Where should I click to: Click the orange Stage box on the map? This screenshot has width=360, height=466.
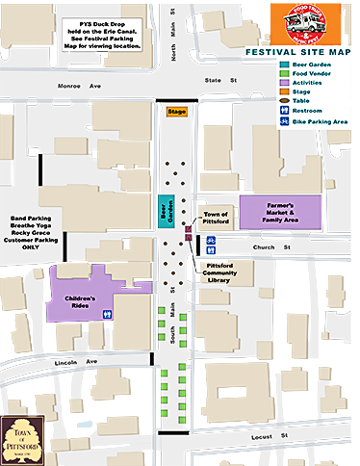(x=176, y=113)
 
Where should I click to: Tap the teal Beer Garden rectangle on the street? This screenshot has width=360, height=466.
(x=163, y=212)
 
